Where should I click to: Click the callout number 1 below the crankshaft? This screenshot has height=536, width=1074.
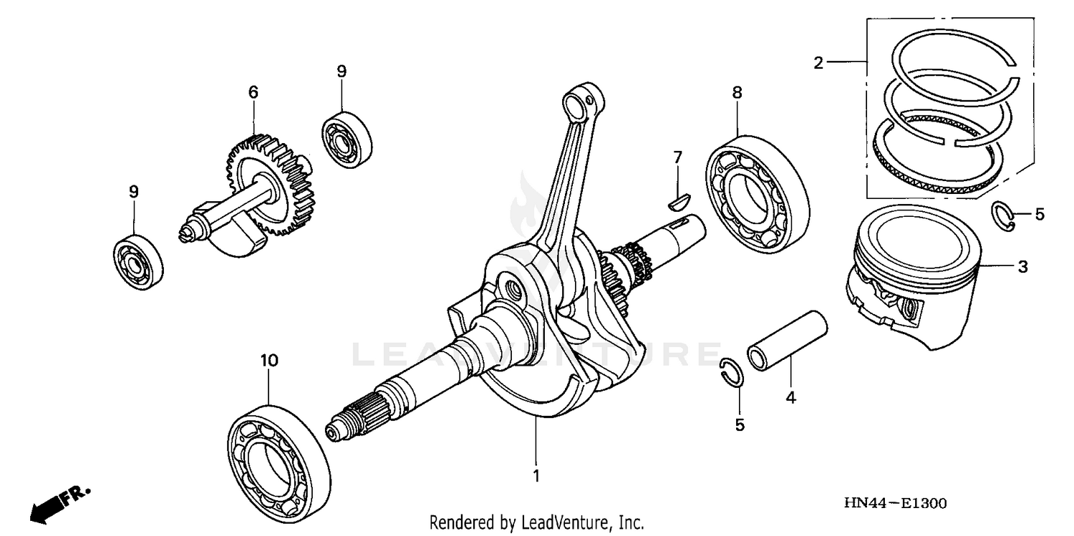click(536, 475)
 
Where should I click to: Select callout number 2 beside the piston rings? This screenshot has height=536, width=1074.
click(818, 63)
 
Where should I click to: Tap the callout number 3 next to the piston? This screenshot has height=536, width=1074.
click(1023, 267)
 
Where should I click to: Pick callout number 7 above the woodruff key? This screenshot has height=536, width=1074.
click(677, 155)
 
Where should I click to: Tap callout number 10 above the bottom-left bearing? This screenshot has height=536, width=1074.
click(268, 361)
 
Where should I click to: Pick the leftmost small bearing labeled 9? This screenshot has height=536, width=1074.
click(137, 260)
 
